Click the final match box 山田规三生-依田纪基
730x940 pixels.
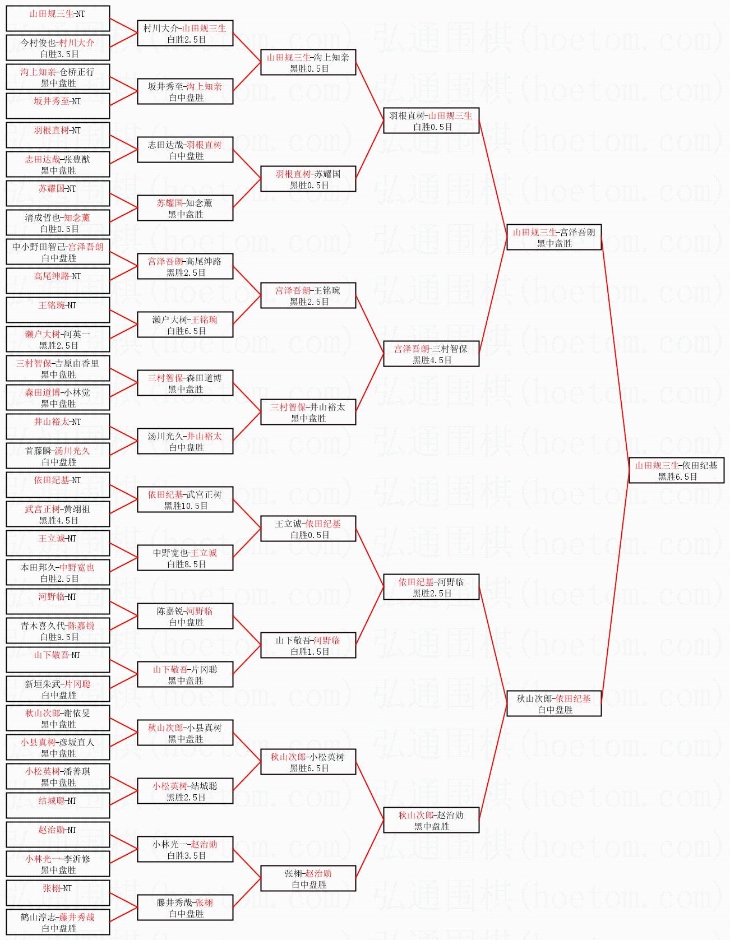[x=676, y=470]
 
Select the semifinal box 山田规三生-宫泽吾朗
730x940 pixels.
[x=554, y=237]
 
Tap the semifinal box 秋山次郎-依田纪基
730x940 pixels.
[x=554, y=703]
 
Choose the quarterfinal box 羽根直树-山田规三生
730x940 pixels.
[x=431, y=121]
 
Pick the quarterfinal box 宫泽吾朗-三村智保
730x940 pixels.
[x=431, y=354]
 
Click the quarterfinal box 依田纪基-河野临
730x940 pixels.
[x=431, y=587]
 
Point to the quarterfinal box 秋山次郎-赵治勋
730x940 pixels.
[x=431, y=820]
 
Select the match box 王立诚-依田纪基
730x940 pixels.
[x=308, y=529]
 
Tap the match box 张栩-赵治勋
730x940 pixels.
[x=308, y=878]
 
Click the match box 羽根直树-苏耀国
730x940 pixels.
[x=308, y=179]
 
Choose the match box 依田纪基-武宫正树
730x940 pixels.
[x=185, y=499]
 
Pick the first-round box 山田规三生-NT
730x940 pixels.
[x=58, y=18]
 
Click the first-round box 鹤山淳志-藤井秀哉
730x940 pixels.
[x=58, y=922]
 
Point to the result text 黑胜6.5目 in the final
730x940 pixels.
[x=677, y=476]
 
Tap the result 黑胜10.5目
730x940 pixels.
[x=186, y=506]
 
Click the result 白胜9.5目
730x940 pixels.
[x=59, y=637]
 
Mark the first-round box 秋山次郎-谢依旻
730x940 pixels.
[x=58, y=718]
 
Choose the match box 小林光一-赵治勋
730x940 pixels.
[x=185, y=849]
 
